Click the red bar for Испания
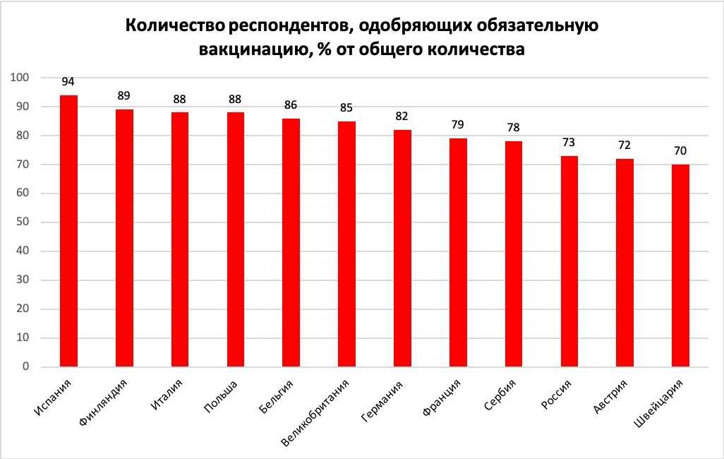point(68,231)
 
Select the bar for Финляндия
point(124,238)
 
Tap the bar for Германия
point(402,249)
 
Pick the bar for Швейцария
point(680,266)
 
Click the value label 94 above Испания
point(68,81)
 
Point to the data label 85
point(346,108)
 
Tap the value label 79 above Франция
point(458,125)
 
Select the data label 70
point(680,151)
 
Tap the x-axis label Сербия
point(500,395)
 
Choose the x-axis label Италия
point(167,395)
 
